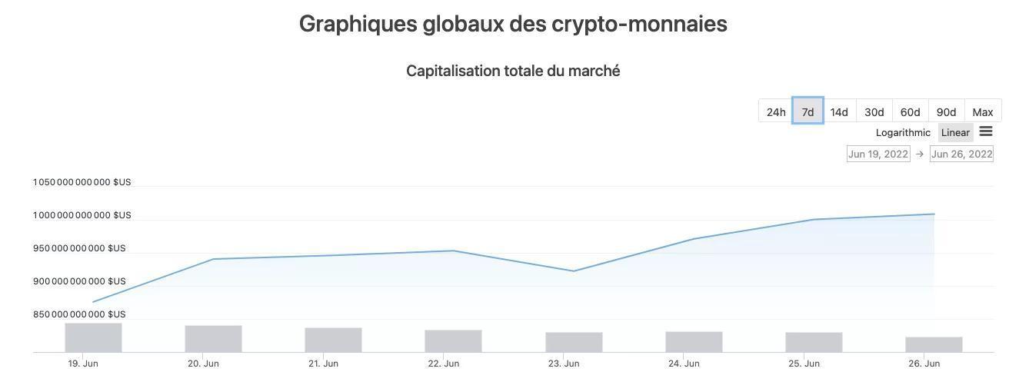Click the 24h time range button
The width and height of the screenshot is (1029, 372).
pyautogui.click(x=776, y=112)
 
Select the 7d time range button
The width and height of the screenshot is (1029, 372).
pyautogui.click(x=808, y=112)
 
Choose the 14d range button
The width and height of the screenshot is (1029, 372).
pyautogui.click(x=839, y=112)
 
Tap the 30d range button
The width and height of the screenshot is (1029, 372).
pyautogui.click(x=874, y=112)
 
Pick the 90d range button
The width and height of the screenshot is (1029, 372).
pyautogui.click(x=946, y=112)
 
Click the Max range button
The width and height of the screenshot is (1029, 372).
pyautogui.click(x=983, y=112)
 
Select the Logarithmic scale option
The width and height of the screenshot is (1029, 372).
pyautogui.click(x=903, y=133)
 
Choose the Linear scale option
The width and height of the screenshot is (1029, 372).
pyautogui.click(x=955, y=133)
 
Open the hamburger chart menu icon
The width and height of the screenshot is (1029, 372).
pyautogui.click(x=986, y=131)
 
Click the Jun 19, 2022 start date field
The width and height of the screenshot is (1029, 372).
pyautogui.click(x=878, y=154)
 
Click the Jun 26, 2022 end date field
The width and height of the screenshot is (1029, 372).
pyautogui.click(x=961, y=154)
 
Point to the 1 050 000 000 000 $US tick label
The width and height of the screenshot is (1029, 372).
pyautogui.click(x=82, y=182)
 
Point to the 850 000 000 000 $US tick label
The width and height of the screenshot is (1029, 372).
pyautogui.click(x=79, y=314)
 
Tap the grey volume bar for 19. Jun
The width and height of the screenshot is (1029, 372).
pyautogui.click(x=93, y=337)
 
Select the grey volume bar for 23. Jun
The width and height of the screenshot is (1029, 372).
pyautogui.click(x=574, y=342)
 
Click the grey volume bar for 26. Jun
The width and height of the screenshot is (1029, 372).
pyautogui.click(x=934, y=344)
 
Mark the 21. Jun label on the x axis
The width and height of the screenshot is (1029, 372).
pyautogui.click(x=323, y=364)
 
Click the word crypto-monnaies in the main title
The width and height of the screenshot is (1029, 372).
pyautogui.click(x=639, y=24)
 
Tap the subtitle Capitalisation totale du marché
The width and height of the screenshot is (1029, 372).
pyautogui.click(x=513, y=71)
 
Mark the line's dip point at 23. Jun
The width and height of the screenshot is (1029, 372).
pyautogui.click(x=574, y=271)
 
